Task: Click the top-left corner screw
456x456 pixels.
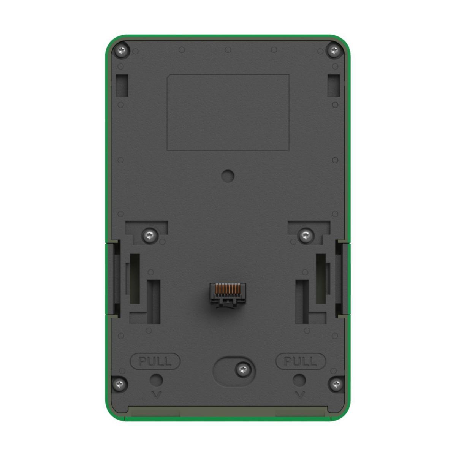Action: pyautogui.click(x=122, y=51)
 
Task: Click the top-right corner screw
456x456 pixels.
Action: pyautogui.click(x=334, y=51)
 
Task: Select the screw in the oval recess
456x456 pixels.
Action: pyautogui.click(x=243, y=369)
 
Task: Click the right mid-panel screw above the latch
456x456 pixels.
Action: pyautogui.click(x=306, y=235)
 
